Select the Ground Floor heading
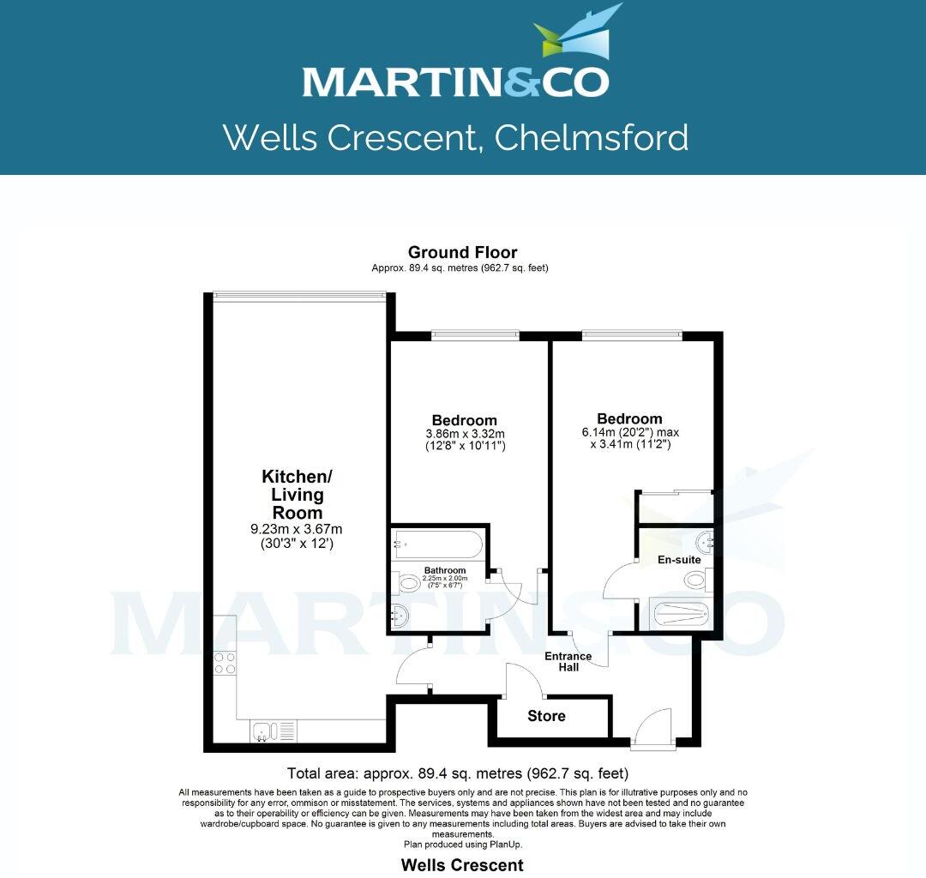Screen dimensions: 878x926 (x=462, y=252)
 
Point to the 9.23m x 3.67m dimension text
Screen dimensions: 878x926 (x=297, y=529)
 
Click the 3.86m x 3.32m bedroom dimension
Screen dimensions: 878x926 (x=464, y=434)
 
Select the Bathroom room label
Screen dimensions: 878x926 (x=445, y=570)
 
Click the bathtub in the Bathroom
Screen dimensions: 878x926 (x=436, y=544)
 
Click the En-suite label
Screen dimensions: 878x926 (x=679, y=560)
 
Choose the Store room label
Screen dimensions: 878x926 (x=546, y=716)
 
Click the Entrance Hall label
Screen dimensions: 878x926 (x=568, y=661)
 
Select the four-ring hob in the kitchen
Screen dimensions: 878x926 (x=225, y=662)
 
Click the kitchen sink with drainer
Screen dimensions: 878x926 (x=273, y=731)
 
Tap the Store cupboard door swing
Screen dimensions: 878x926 (x=521, y=682)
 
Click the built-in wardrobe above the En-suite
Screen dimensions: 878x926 (x=674, y=507)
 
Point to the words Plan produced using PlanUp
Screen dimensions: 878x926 (x=463, y=845)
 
